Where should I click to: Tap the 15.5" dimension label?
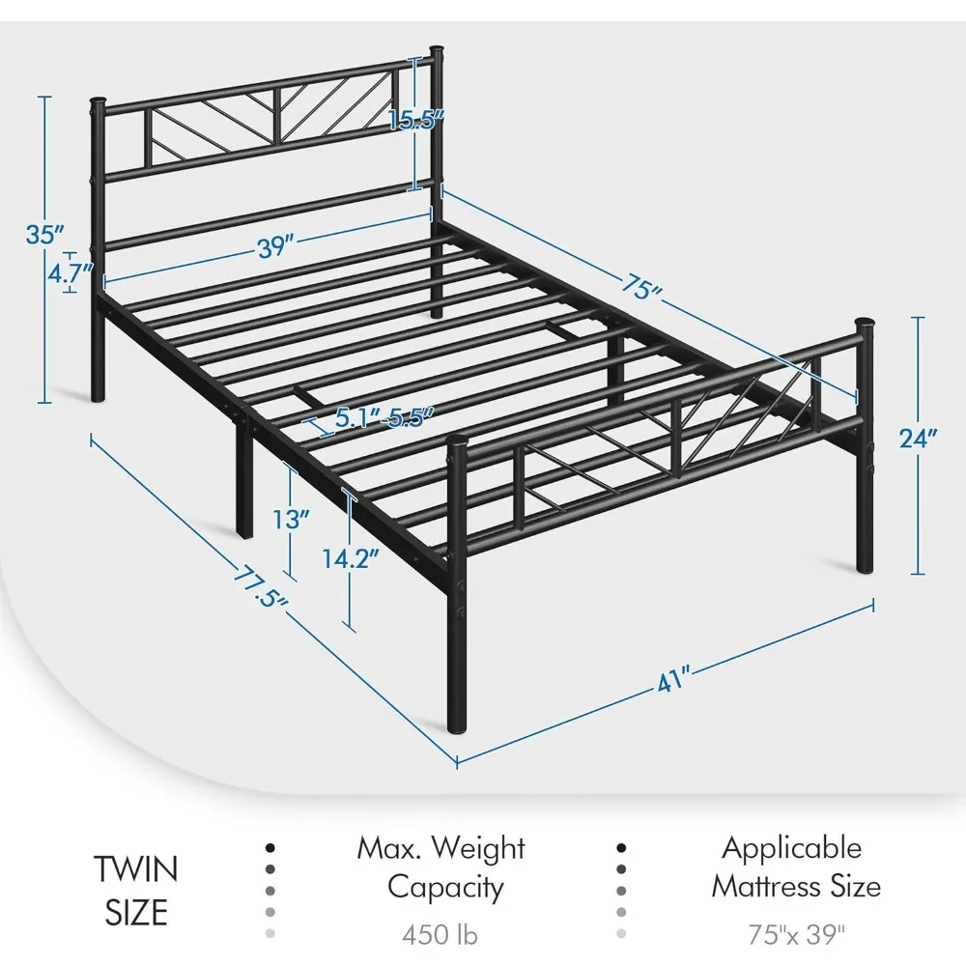[x=416, y=121]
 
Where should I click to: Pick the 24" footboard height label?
[x=918, y=439]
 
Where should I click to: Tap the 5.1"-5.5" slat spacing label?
[x=384, y=418]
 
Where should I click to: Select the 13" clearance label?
[x=290, y=518]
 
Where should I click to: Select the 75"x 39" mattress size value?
[x=796, y=934]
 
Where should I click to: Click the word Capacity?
[x=445, y=886]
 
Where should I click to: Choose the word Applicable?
[x=792, y=848]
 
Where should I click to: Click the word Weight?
[x=478, y=848]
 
